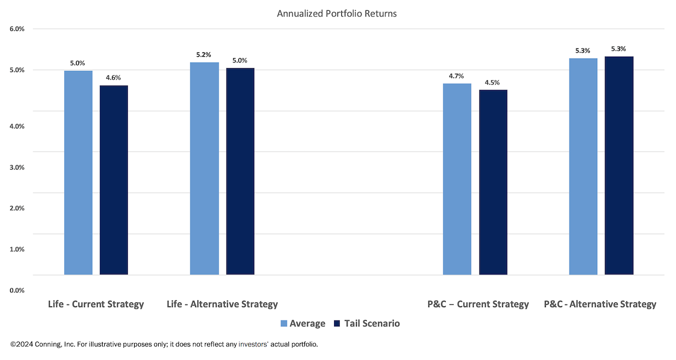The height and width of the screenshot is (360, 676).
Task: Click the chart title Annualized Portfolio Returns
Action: (x=337, y=14)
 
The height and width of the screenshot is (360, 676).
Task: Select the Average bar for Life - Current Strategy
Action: (x=78, y=172)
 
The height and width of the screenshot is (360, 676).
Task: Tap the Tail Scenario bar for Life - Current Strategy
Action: (x=114, y=180)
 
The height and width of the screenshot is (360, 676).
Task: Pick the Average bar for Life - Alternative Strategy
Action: (x=204, y=168)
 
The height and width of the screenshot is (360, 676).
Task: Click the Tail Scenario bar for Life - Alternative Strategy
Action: (x=240, y=171)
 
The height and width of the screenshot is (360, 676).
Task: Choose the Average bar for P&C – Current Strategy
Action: (x=457, y=179)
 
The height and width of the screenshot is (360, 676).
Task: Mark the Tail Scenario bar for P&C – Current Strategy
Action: (x=493, y=183)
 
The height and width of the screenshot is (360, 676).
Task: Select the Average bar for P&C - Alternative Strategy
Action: (x=583, y=167)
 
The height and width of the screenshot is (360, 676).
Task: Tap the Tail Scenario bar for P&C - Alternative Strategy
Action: (x=619, y=166)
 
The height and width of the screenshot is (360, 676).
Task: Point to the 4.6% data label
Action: (x=114, y=78)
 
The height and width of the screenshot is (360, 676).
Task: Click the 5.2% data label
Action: (x=204, y=55)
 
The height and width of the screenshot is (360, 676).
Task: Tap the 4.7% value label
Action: (x=457, y=75)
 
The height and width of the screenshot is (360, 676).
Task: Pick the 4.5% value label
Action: (x=493, y=82)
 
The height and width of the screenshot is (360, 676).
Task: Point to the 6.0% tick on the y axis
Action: (x=17, y=29)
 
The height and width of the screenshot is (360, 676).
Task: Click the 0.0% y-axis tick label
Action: (x=17, y=290)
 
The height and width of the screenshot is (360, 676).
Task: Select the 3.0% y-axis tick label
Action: (x=17, y=167)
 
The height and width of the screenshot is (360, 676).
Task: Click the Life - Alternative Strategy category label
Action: (x=223, y=304)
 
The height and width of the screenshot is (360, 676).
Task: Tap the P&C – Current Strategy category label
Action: (x=478, y=304)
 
